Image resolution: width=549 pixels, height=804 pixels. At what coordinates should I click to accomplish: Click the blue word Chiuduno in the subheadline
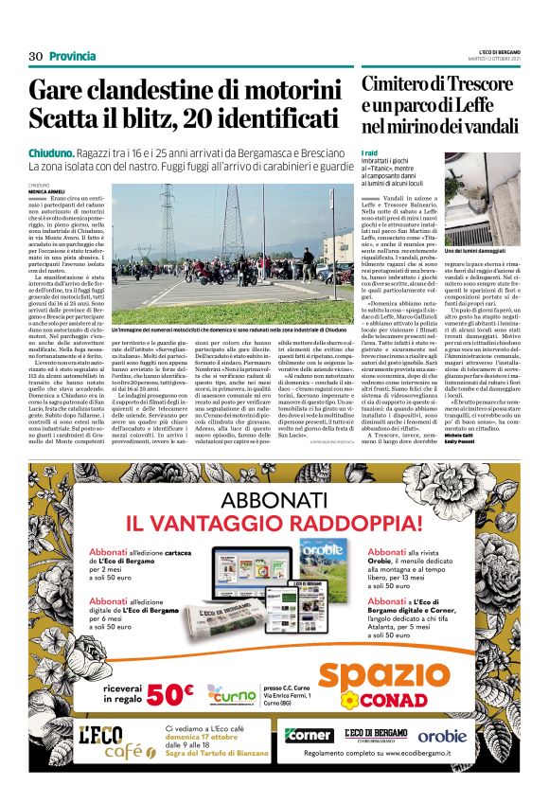click(x=52, y=152)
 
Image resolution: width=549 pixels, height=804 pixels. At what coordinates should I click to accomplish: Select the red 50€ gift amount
click(x=169, y=695)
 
